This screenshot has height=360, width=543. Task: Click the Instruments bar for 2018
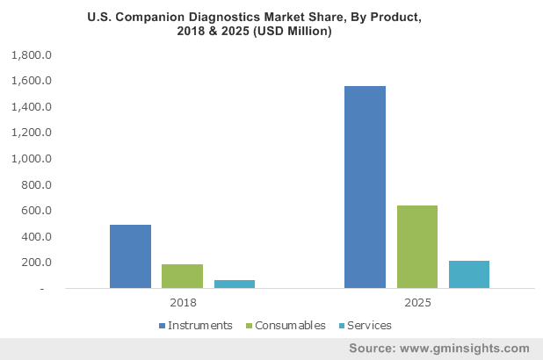click(x=130, y=256)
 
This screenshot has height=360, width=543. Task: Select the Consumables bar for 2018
click(x=182, y=276)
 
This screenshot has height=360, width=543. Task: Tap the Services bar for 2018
click(x=234, y=284)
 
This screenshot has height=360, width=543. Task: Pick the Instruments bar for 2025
click(x=365, y=187)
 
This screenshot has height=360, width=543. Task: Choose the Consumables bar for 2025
click(x=416, y=247)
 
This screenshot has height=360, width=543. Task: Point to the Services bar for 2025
click(x=468, y=274)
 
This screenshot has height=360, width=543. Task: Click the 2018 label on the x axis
click(x=182, y=303)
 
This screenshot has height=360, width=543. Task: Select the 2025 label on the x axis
click(x=416, y=303)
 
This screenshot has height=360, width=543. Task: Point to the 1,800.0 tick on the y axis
click(x=33, y=55)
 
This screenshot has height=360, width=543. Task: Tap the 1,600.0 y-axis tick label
click(x=33, y=81)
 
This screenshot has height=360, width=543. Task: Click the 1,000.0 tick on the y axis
click(x=33, y=159)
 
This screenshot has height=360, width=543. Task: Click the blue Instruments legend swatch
click(x=162, y=325)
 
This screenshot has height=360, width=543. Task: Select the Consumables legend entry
click(x=290, y=325)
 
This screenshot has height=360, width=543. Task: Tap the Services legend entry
click(x=367, y=325)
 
